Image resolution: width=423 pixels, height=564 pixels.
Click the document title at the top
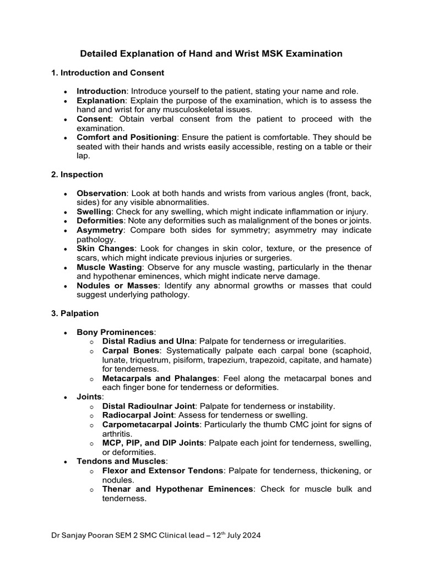pos(211,53)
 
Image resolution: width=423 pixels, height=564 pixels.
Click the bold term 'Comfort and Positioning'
pos(127,137)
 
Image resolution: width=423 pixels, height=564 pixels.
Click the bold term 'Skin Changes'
pos(105,248)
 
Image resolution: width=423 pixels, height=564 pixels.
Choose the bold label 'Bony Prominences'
pos(115,332)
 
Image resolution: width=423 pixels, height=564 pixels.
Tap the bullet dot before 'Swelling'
pos(66,212)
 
